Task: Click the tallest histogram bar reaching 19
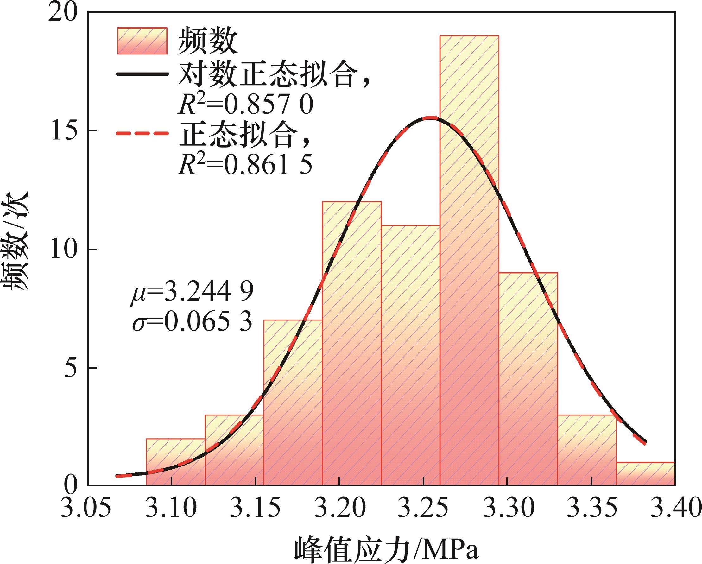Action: (x=469, y=261)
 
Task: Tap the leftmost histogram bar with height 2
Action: (x=175, y=462)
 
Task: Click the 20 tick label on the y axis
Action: (x=65, y=13)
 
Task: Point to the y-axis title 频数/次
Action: (x=16, y=241)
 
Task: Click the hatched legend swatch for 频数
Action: (x=142, y=41)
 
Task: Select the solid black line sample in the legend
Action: (x=142, y=74)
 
